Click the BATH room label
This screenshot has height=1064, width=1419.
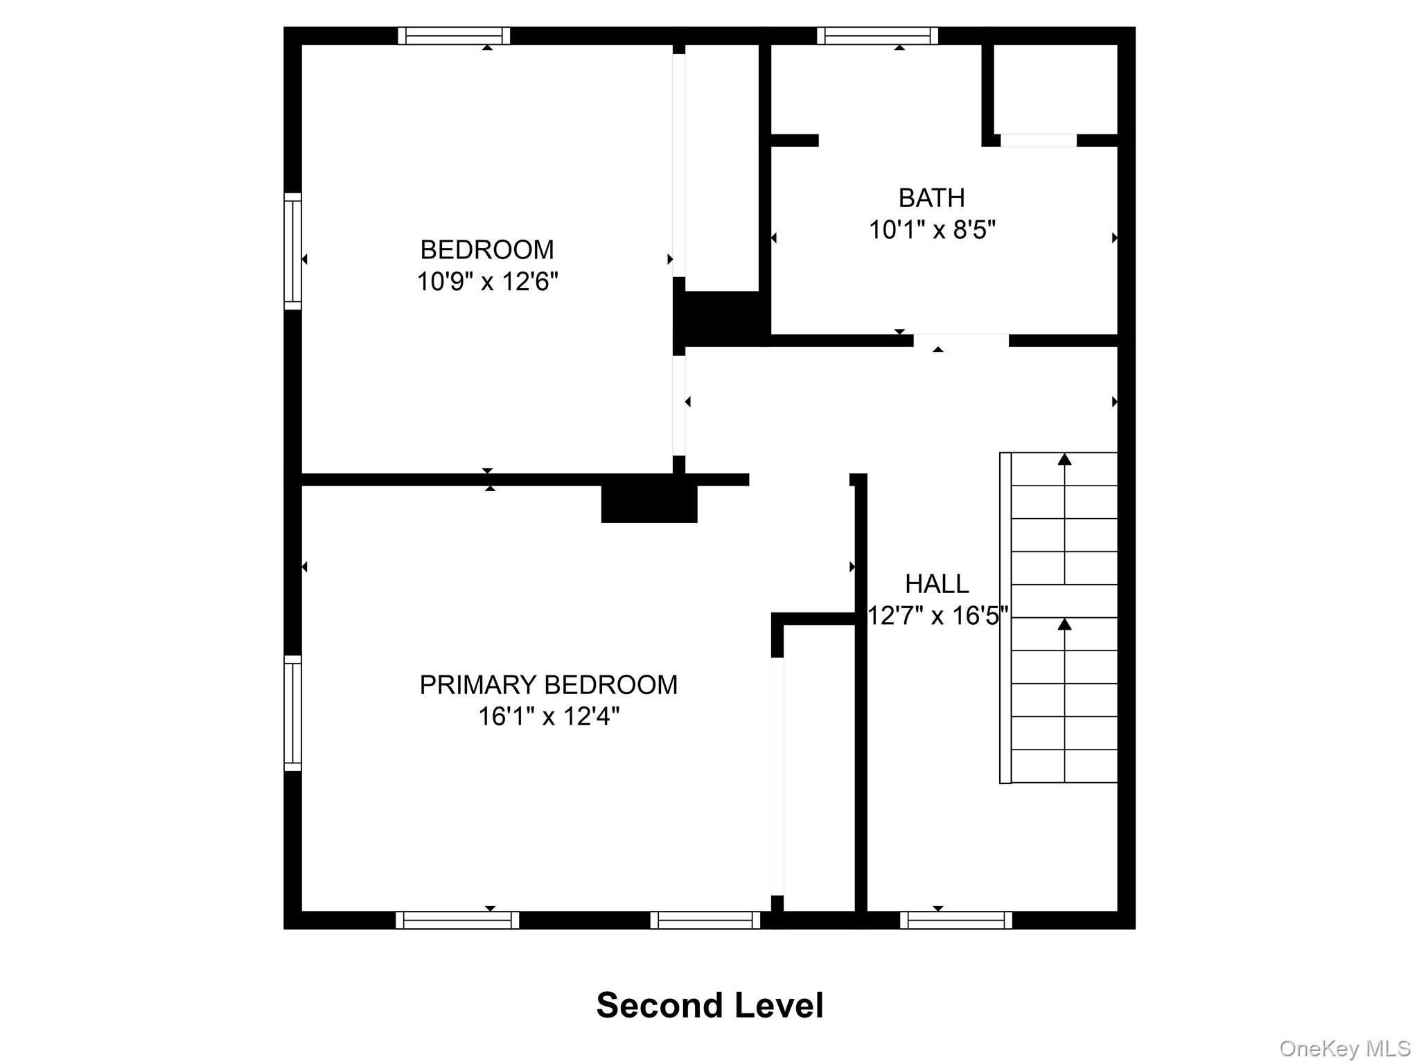[x=931, y=198]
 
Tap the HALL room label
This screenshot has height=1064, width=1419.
[x=937, y=584]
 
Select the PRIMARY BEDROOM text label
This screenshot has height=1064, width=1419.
[x=548, y=684]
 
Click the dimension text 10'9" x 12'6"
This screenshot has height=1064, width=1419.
[x=487, y=282]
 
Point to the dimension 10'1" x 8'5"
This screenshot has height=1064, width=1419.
[x=932, y=229]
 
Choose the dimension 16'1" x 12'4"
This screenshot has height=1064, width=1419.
[x=548, y=716]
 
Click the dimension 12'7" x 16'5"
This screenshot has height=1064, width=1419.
[x=937, y=615]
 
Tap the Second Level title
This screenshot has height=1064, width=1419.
[x=709, y=1005]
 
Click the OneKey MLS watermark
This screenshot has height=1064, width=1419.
[x=1344, y=1049]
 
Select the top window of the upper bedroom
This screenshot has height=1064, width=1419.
[x=454, y=36]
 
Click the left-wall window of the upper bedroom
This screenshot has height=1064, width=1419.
[x=293, y=251]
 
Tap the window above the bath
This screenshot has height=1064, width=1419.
[x=877, y=36]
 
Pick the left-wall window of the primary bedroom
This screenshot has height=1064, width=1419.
[x=293, y=713]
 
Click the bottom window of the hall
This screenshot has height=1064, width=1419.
[x=956, y=920]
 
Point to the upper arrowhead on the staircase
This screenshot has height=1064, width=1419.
[x=1065, y=459]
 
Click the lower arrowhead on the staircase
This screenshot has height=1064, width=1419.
[x=1065, y=624]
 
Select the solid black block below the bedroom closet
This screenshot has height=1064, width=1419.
[x=721, y=317]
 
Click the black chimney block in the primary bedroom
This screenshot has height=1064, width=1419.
[x=649, y=503]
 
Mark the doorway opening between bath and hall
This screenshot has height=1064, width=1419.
[x=961, y=341]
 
